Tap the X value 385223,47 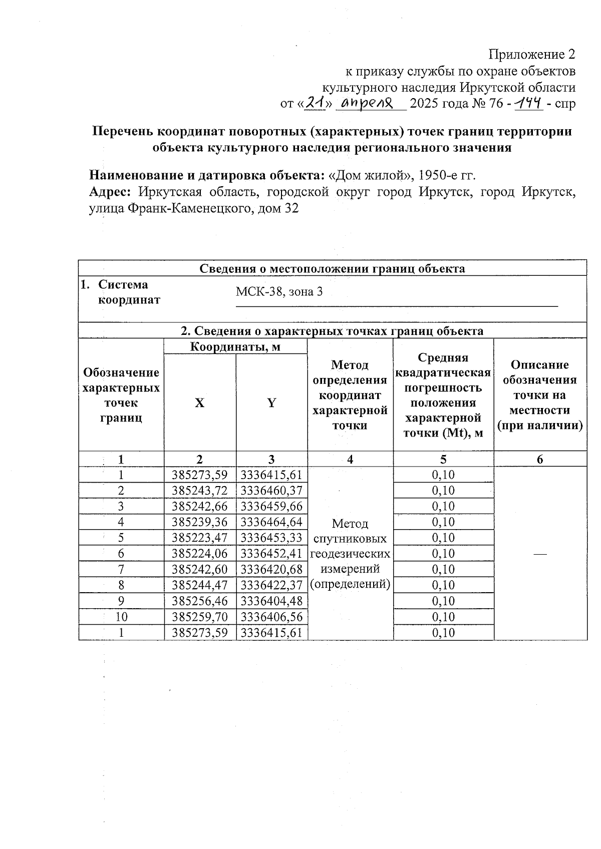tap(200, 538)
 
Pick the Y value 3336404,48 tap(271, 601)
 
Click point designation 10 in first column tap(121, 617)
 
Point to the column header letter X tap(199, 403)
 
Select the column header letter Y tap(271, 403)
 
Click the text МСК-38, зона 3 tap(279, 292)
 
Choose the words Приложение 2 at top tap(531, 54)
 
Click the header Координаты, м tap(235, 346)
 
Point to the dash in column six tap(540, 553)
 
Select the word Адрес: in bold tap(110, 192)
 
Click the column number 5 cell tap(443, 459)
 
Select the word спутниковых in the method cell tap(350, 539)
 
